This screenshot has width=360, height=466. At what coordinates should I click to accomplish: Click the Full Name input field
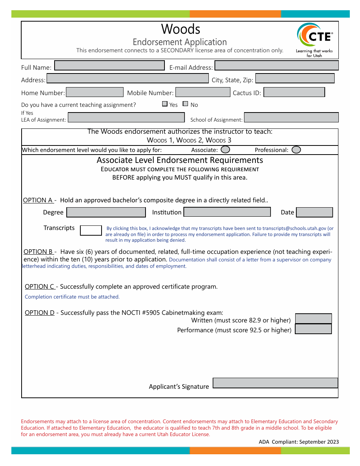coord(110,66)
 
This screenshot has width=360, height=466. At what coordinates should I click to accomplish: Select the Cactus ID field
coord(294,92)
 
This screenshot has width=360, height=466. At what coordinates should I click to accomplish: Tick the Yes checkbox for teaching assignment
coord(165,104)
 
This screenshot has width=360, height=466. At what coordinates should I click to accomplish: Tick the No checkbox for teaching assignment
coord(185,104)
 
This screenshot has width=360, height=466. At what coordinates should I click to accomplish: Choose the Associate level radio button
coord(225,150)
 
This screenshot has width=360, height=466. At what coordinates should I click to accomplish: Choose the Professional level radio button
coord(296,150)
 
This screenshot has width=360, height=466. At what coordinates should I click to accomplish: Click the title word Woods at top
coord(180,29)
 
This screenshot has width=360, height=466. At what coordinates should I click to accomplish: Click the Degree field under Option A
coord(106,212)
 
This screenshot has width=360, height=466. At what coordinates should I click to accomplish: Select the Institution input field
coord(227,212)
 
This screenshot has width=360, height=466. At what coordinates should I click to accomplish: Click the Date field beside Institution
coord(314,212)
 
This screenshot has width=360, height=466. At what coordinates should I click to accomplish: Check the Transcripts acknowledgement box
coord(91,230)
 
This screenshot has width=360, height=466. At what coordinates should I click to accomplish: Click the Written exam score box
coord(313,319)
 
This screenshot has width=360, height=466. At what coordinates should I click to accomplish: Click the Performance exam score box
coord(313,329)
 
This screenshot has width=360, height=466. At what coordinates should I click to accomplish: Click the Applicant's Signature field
coord(275,383)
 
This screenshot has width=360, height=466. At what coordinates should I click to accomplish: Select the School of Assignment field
coord(291,117)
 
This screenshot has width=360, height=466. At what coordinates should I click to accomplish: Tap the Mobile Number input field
coord(203,92)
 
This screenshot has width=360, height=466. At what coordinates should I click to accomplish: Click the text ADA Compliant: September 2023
coord(299,442)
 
